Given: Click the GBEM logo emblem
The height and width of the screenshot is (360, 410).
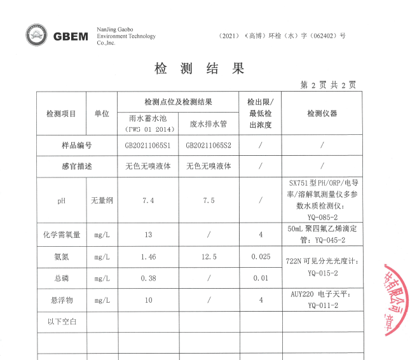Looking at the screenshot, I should click(x=38, y=36).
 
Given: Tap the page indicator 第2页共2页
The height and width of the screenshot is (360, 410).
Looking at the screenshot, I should click(x=328, y=85).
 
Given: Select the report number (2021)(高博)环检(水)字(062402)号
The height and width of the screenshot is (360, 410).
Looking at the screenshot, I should click(x=282, y=36).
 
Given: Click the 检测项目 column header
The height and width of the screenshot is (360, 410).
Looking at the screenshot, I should click(x=61, y=114).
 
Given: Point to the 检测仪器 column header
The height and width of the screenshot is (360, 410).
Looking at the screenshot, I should click(x=322, y=114).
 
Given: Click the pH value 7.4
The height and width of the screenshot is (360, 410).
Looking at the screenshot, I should click(x=148, y=200).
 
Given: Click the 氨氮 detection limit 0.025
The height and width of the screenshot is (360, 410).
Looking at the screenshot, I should click(x=260, y=256).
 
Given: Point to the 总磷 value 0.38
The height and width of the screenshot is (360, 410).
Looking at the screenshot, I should click(x=148, y=278).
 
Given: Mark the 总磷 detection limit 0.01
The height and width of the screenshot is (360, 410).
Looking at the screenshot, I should click(x=260, y=278).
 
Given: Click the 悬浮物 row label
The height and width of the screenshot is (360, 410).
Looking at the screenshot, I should click(x=61, y=300).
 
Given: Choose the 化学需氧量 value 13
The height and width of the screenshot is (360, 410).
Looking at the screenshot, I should click(x=148, y=235).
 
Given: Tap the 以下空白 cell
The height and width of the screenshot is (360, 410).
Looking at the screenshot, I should click(x=62, y=322).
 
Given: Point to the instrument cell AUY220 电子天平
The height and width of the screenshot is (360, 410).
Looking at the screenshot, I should click(x=322, y=300).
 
